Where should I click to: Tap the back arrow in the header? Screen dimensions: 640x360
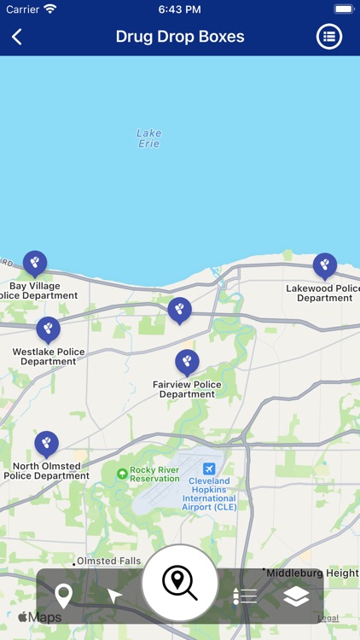17,37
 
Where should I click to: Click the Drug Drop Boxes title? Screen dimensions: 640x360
180,37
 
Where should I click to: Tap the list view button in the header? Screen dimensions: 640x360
329,37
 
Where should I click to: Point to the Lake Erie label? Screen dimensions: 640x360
148,138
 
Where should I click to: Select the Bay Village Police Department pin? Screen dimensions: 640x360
35,263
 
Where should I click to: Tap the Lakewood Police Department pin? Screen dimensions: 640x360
325,265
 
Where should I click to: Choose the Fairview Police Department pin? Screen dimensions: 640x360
187,362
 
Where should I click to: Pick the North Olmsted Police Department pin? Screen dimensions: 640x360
47,444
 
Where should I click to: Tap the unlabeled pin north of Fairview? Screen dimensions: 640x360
179,310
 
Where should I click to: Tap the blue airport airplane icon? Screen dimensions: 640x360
209,469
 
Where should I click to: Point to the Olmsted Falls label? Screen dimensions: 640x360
108,561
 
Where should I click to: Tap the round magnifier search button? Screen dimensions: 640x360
179,584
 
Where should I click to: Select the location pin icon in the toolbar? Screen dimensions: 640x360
63,595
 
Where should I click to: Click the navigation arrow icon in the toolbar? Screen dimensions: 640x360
114,596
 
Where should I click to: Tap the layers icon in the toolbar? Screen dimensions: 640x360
296,596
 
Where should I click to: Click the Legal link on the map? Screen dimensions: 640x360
328,618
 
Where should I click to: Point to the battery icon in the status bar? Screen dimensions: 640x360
344,9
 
